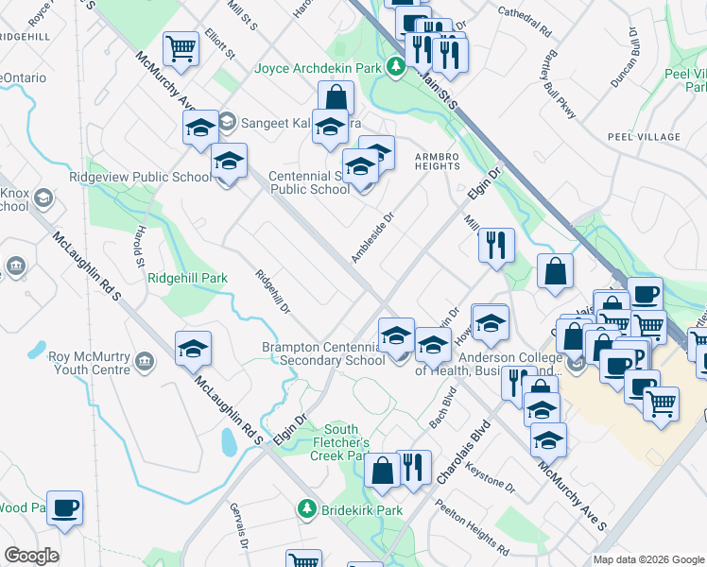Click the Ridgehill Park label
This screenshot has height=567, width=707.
188,279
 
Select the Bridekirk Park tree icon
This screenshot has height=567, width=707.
306,510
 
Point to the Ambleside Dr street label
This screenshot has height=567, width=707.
371,236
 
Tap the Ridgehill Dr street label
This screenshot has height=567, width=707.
272,292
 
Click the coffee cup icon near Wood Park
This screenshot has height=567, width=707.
65,507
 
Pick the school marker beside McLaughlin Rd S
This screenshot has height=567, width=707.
193,350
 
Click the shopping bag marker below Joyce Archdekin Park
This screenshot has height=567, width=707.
336,97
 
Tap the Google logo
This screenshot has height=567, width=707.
31,556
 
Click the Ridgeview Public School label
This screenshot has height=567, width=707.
140,177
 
